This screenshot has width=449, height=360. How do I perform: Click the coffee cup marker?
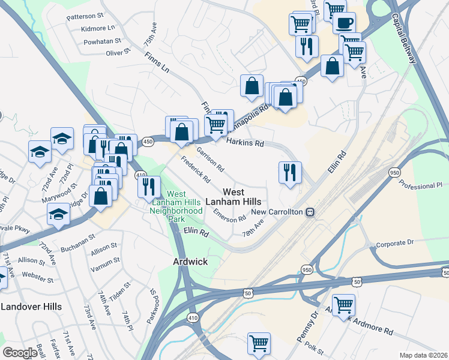click(x=344, y=23)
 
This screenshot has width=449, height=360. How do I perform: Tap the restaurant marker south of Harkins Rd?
click(x=289, y=173)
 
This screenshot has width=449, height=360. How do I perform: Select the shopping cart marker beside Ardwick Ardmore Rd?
click(x=343, y=305)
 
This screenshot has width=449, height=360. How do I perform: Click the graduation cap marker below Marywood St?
click(x=58, y=213)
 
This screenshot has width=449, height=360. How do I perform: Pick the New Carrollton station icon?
click(x=310, y=212)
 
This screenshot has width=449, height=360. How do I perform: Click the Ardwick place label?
click(x=190, y=262)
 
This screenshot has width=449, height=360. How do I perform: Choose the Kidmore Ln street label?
click(x=97, y=28)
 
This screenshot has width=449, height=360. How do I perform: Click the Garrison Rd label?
click(x=210, y=159)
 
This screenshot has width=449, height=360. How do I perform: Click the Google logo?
click(x=20, y=353)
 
